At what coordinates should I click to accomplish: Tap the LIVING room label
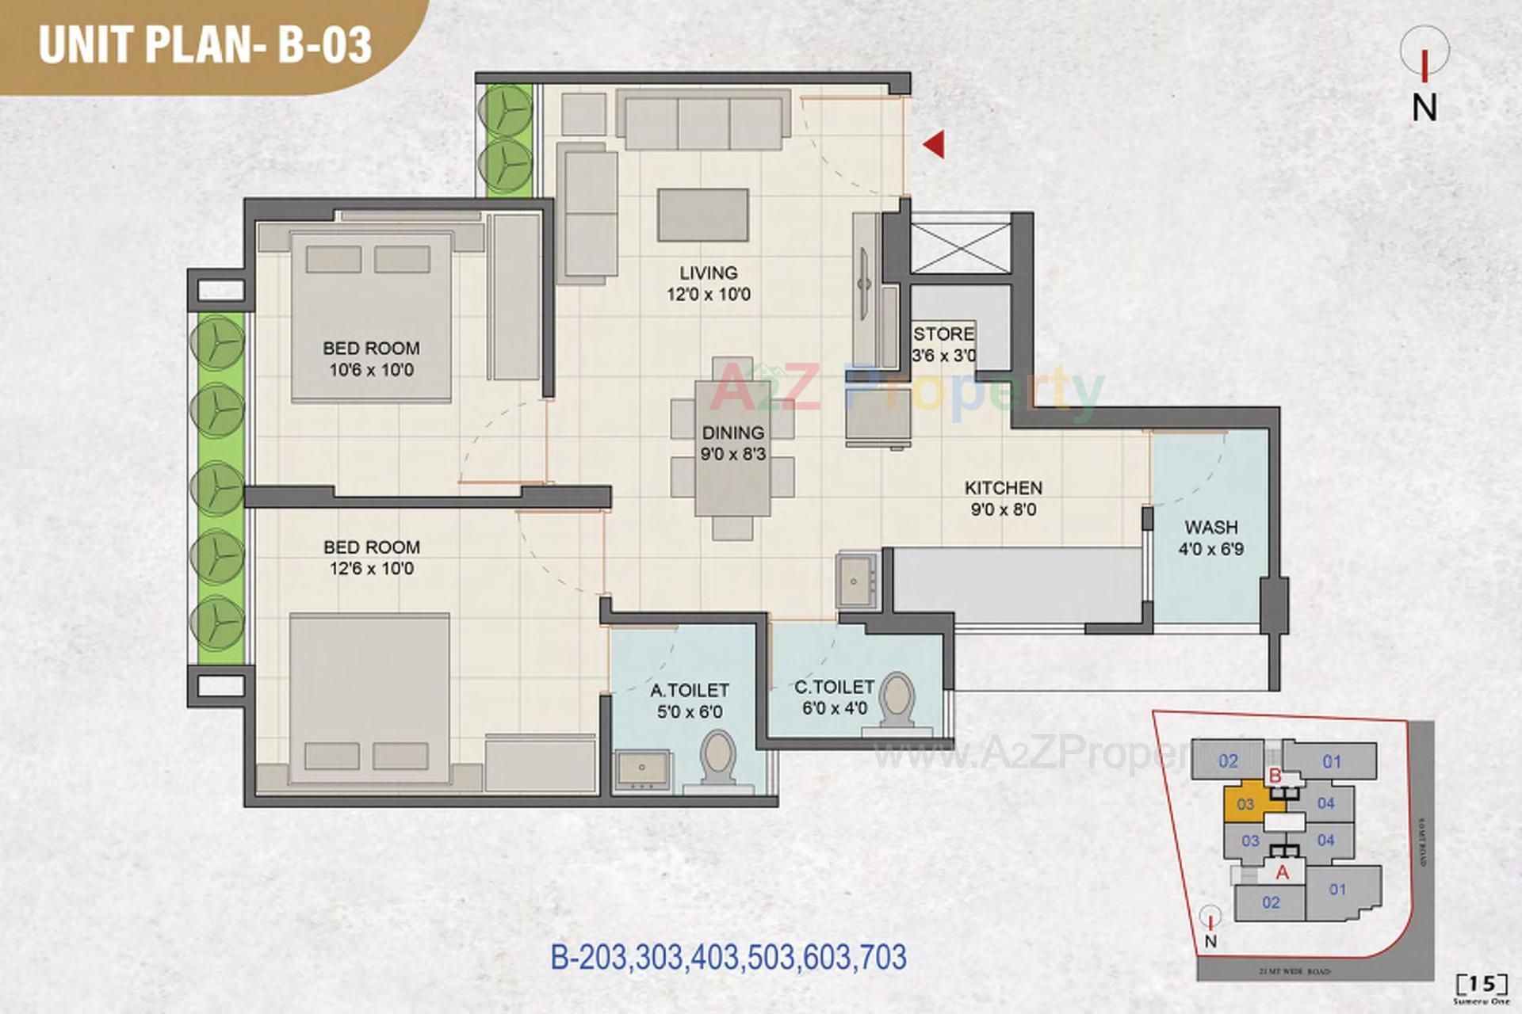click(x=708, y=273)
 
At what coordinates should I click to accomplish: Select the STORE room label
click(x=943, y=334)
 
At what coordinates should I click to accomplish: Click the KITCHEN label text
click(x=1003, y=488)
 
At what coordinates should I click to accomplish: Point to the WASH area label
click(x=1210, y=527)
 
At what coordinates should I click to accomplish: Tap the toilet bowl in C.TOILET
click(x=897, y=697)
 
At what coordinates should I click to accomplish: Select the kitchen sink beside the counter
click(x=855, y=581)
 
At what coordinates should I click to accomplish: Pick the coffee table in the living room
click(x=702, y=215)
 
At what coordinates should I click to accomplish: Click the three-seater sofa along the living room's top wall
click(x=703, y=120)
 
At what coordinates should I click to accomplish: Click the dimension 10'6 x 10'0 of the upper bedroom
click(x=371, y=370)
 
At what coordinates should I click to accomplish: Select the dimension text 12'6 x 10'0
click(x=371, y=569)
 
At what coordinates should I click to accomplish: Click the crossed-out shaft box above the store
click(x=961, y=248)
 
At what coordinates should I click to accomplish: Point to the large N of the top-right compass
click(x=1424, y=108)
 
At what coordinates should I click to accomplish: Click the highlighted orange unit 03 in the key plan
click(x=1245, y=804)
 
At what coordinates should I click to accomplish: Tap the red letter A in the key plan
click(x=1282, y=873)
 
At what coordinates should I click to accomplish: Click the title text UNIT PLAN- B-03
click(x=205, y=44)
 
